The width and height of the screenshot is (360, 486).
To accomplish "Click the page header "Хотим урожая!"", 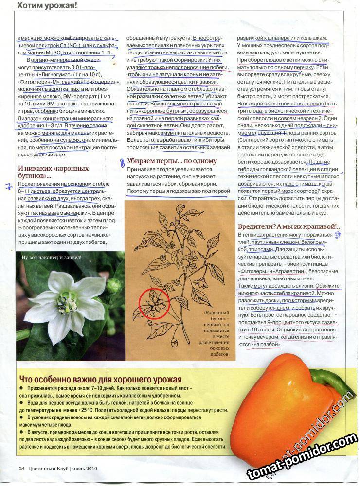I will pos(47,6).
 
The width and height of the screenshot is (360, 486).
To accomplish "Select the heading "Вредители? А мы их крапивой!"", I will pos(288,226).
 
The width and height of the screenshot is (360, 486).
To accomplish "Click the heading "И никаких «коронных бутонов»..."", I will pos(54,172).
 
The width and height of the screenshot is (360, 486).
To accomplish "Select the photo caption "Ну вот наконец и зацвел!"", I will pos(51,257).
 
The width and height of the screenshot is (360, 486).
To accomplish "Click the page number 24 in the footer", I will pos(21,469).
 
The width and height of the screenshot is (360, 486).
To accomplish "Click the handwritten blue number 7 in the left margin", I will pos(8,186).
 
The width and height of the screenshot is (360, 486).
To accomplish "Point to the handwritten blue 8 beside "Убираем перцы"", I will pos(122,163).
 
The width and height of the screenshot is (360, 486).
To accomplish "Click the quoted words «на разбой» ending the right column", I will pos(266,345).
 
